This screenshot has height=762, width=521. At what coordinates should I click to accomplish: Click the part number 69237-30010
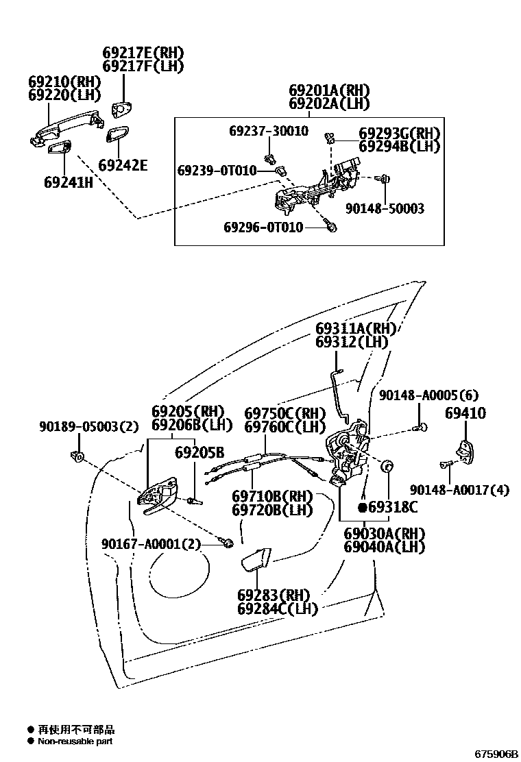click(268, 130)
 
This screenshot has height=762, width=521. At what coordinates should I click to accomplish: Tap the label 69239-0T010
click(217, 170)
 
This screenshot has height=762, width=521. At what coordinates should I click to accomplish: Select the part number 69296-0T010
click(263, 227)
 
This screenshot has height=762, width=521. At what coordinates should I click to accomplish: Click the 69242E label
click(123, 165)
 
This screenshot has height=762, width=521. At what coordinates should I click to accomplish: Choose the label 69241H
click(68, 182)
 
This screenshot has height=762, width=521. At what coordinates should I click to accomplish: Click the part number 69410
click(465, 413)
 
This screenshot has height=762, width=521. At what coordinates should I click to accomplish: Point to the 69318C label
click(393, 508)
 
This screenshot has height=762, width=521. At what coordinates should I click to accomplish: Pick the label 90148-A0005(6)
click(428, 395)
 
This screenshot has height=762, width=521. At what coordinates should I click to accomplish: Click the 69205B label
click(199, 452)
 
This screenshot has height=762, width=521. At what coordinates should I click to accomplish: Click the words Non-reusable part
click(75, 741)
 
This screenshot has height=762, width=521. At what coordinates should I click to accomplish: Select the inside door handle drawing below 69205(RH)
click(159, 495)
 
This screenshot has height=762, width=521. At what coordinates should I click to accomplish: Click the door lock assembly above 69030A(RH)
click(348, 452)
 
